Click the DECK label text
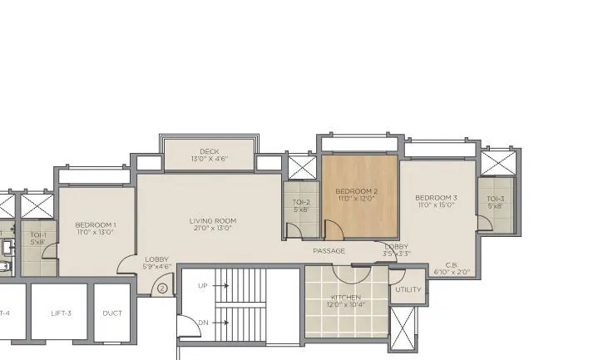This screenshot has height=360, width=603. tap(210, 151)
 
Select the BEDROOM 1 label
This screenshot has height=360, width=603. tap(95, 224)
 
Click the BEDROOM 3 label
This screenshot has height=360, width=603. tap(436, 197)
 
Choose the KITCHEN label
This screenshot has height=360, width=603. tap(346, 297)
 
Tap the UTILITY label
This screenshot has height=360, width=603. tap(408, 290)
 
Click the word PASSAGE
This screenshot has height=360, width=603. tap(329, 251)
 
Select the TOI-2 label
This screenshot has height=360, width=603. tap(301, 202)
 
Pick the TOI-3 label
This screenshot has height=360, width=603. tap(496, 198)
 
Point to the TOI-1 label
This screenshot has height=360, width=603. tap(38, 234)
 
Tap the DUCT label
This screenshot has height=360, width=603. tap(111, 313)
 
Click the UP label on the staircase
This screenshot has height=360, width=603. tap(202, 285)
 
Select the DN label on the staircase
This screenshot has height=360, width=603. tap(202, 323)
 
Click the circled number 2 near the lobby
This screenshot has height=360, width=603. tap(163, 288)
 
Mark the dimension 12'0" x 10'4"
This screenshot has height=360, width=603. tap(346, 304)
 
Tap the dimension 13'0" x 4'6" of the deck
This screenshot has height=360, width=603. tap(210, 159)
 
